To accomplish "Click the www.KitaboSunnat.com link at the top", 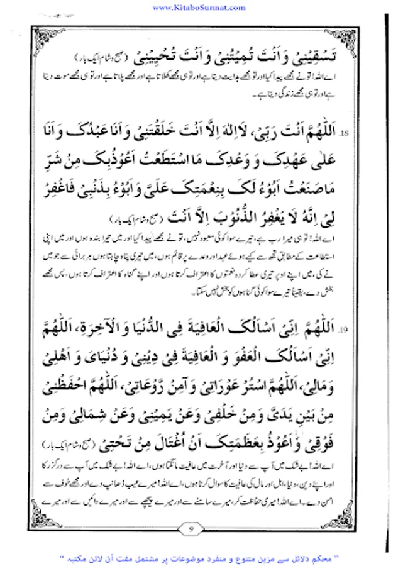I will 199,7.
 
